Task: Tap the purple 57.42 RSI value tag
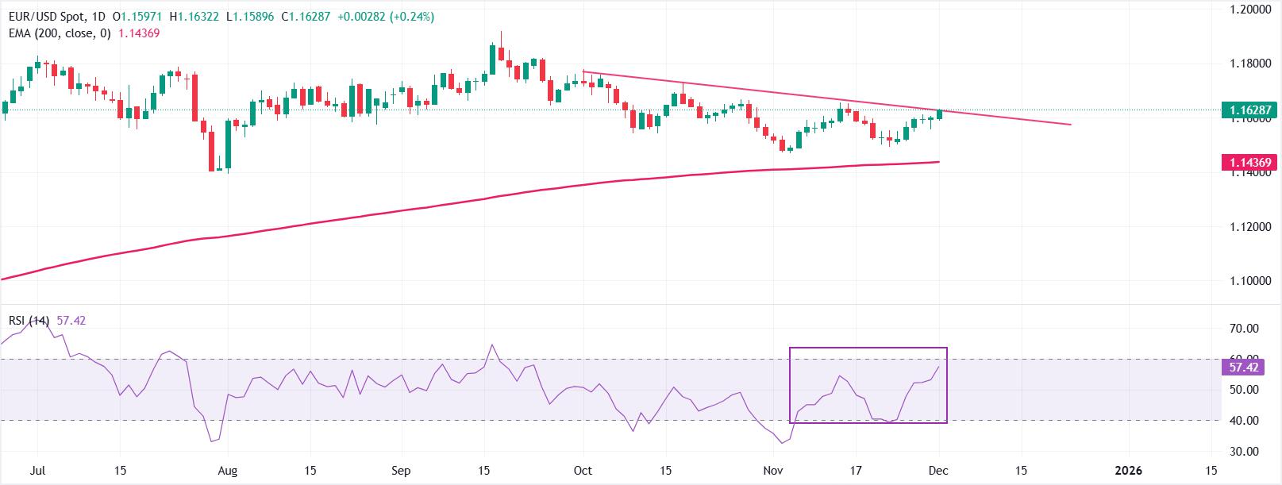[1244, 368]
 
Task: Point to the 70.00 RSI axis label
[1244, 329]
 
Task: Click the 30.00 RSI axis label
[1244, 452]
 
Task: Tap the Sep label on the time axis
[401, 470]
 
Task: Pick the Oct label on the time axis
[583, 470]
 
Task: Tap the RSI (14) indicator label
[29, 321]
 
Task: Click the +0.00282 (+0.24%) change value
[384, 17]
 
